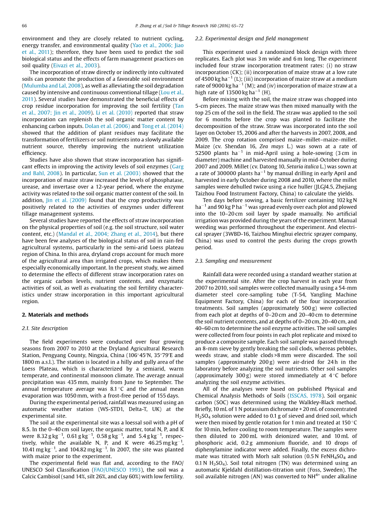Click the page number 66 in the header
24,26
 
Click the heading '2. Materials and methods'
55,315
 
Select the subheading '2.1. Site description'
44,328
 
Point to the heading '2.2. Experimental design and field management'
251,39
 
